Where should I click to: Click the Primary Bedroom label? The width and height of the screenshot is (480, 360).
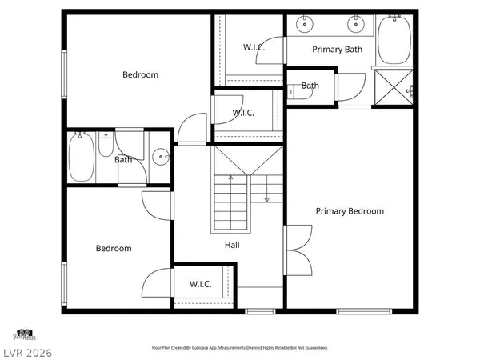(x=350, y=211)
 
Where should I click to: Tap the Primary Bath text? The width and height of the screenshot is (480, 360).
(x=338, y=50)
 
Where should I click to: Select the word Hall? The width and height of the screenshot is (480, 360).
(x=232, y=246)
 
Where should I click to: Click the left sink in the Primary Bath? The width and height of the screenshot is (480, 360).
(x=305, y=25)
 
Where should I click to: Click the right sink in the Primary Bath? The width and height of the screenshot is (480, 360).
(x=351, y=25)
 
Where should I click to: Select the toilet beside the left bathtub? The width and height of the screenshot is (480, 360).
(x=106, y=149)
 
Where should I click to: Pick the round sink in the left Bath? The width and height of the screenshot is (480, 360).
(x=161, y=158)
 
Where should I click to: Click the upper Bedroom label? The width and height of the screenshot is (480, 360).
(x=140, y=75)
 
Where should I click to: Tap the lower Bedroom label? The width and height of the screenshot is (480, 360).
(x=114, y=249)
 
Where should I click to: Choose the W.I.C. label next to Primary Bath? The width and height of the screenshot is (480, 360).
(x=254, y=48)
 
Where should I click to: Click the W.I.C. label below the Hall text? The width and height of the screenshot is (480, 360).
(x=201, y=285)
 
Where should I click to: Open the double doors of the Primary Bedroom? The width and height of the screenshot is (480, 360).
(x=297, y=248)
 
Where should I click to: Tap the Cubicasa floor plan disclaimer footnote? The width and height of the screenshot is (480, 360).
(x=239, y=348)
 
